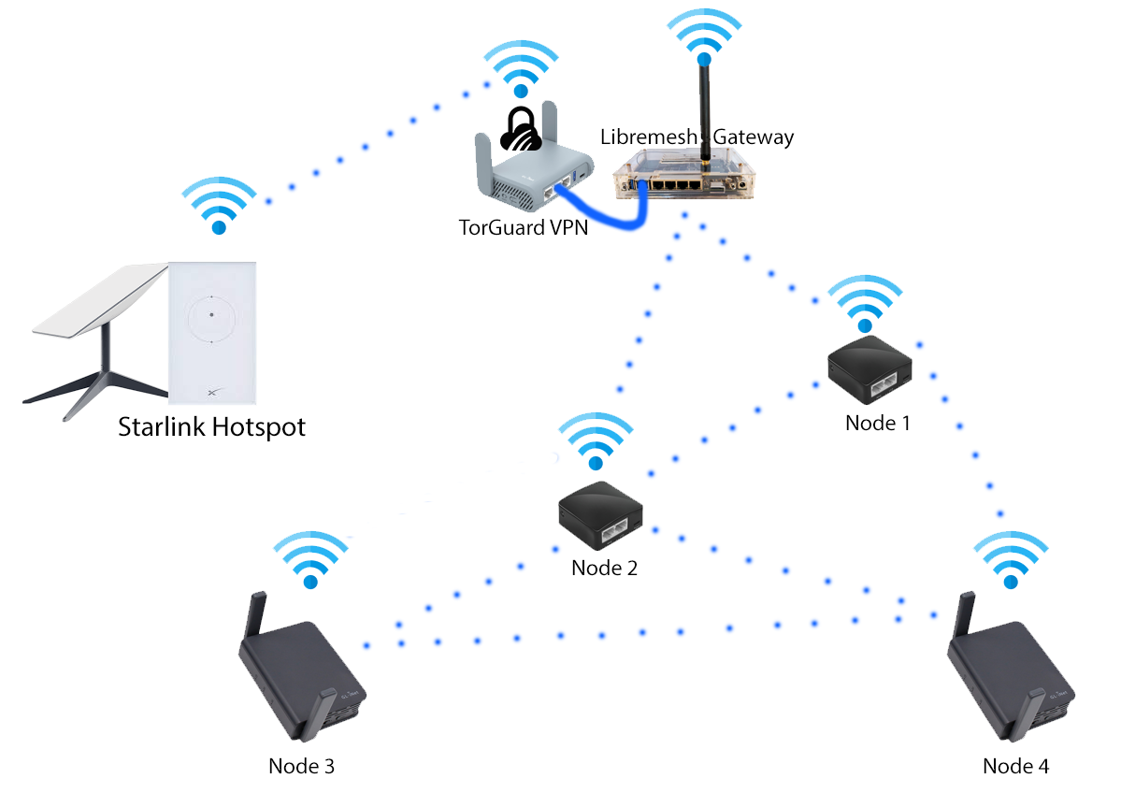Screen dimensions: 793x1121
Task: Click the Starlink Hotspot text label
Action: pyautogui.click(x=211, y=428)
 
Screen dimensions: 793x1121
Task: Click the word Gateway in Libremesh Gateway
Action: pyautogui.click(x=754, y=137)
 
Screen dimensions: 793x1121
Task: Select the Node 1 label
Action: pyautogui.click(x=877, y=423)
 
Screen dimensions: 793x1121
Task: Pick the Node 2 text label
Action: pyautogui.click(x=604, y=567)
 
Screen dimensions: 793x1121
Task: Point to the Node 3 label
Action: pyautogui.click(x=301, y=766)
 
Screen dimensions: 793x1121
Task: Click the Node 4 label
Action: pyautogui.click(x=1015, y=766)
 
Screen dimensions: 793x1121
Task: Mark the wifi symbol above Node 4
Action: pyautogui.click(x=1009, y=560)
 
